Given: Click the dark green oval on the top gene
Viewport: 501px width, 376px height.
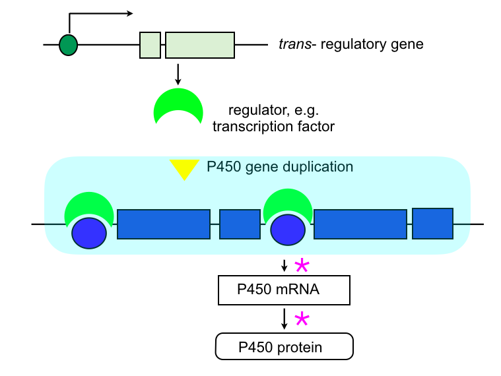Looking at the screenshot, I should (x=68, y=45).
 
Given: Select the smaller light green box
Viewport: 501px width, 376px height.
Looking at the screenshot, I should (x=150, y=45).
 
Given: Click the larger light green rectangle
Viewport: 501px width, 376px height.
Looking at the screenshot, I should (x=199, y=45).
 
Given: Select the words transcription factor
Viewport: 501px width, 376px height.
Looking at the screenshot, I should (x=273, y=125).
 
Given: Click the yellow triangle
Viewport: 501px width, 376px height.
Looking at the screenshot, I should (x=184, y=170).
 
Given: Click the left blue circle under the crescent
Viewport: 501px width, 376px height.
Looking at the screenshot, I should (x=89, y=233).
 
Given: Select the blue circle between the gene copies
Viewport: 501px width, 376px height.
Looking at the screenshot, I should (x=288, y=229).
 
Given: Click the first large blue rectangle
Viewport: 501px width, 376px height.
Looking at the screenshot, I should (x=164, y=224).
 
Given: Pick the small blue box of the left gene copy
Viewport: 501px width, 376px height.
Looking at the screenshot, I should (x=240, y=224).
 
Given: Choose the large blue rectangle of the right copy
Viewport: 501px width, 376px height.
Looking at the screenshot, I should (x=360, y=224).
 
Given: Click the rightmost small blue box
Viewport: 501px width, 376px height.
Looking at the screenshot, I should (x=432, y=223).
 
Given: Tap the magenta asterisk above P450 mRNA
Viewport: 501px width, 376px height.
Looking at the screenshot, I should (x=301, y=266).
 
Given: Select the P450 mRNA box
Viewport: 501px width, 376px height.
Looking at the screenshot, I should (x=284, y=290).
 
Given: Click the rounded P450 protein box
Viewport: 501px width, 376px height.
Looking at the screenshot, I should (x=284, y=346).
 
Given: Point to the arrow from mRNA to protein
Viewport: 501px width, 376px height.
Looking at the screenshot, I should (x=284, y=318).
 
